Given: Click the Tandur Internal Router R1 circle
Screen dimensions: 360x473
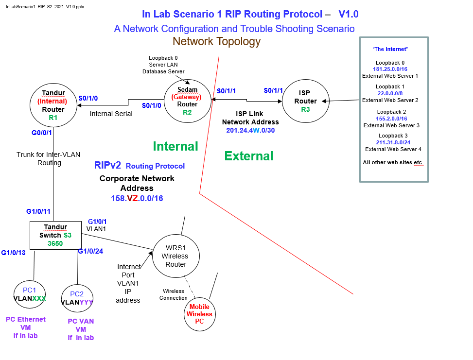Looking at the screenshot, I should (53, 105).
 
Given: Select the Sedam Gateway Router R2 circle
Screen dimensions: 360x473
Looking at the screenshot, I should (187, 101).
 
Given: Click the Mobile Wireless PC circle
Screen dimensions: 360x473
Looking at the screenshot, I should (199, 314).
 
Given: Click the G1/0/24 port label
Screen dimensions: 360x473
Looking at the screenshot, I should (90, 251).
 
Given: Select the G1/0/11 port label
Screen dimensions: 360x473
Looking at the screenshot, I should (38, 211).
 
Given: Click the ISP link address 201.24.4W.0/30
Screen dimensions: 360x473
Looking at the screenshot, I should (250, 130).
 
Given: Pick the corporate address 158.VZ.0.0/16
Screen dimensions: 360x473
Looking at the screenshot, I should (137, 198).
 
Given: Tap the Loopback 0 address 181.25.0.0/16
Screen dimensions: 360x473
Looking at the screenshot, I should (390, 69).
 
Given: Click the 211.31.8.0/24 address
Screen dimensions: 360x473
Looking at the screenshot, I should (393, 142).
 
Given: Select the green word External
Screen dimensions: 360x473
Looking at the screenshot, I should (249, 156).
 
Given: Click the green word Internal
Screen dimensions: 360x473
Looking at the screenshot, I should (175, 146).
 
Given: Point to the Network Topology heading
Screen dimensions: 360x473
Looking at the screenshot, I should (216, 42).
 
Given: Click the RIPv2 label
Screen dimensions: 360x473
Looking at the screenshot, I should (107, 165).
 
